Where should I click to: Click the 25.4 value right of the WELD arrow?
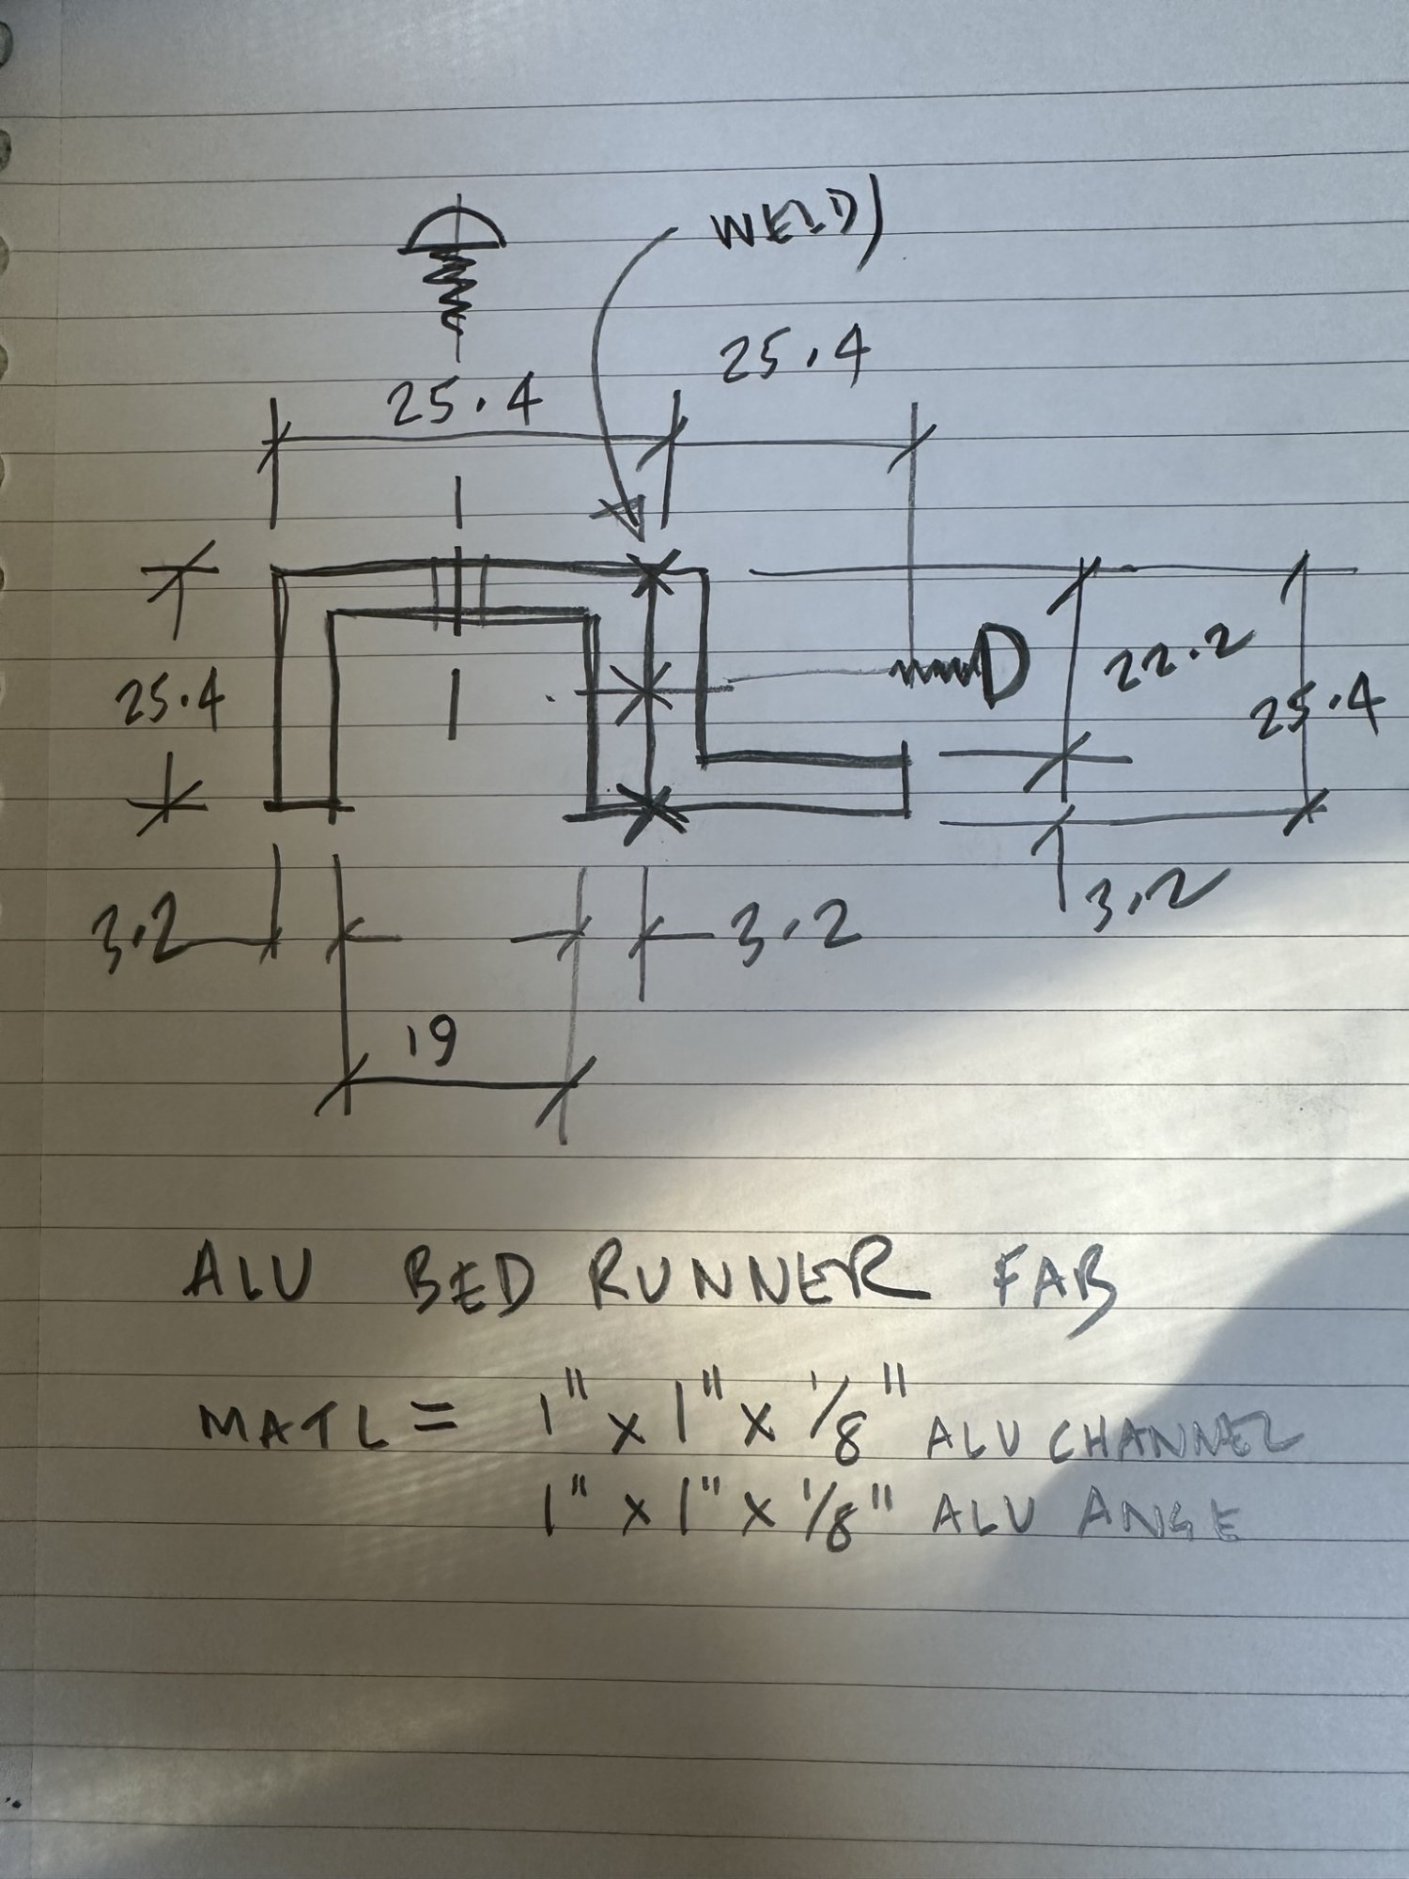(793, 361)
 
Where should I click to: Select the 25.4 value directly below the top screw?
(464, 405)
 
